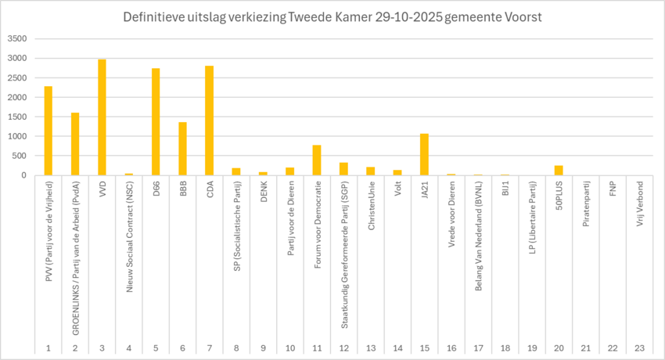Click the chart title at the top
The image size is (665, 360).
(x=332, y=17)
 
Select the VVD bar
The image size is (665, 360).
(x=102, y=117)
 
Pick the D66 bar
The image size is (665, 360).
(x=156, y=122)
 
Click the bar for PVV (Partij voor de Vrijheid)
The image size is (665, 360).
(x=49, y=131)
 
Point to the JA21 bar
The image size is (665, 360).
(x=424, y=154)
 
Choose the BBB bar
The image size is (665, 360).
(x=182, y=149)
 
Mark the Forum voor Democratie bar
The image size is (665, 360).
(x=317, y=160)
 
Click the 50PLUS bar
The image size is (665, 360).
(x=559, y=171)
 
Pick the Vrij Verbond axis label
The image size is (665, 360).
(x=639, y=205)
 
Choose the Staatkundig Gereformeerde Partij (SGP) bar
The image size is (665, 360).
(x=343, y=169)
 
